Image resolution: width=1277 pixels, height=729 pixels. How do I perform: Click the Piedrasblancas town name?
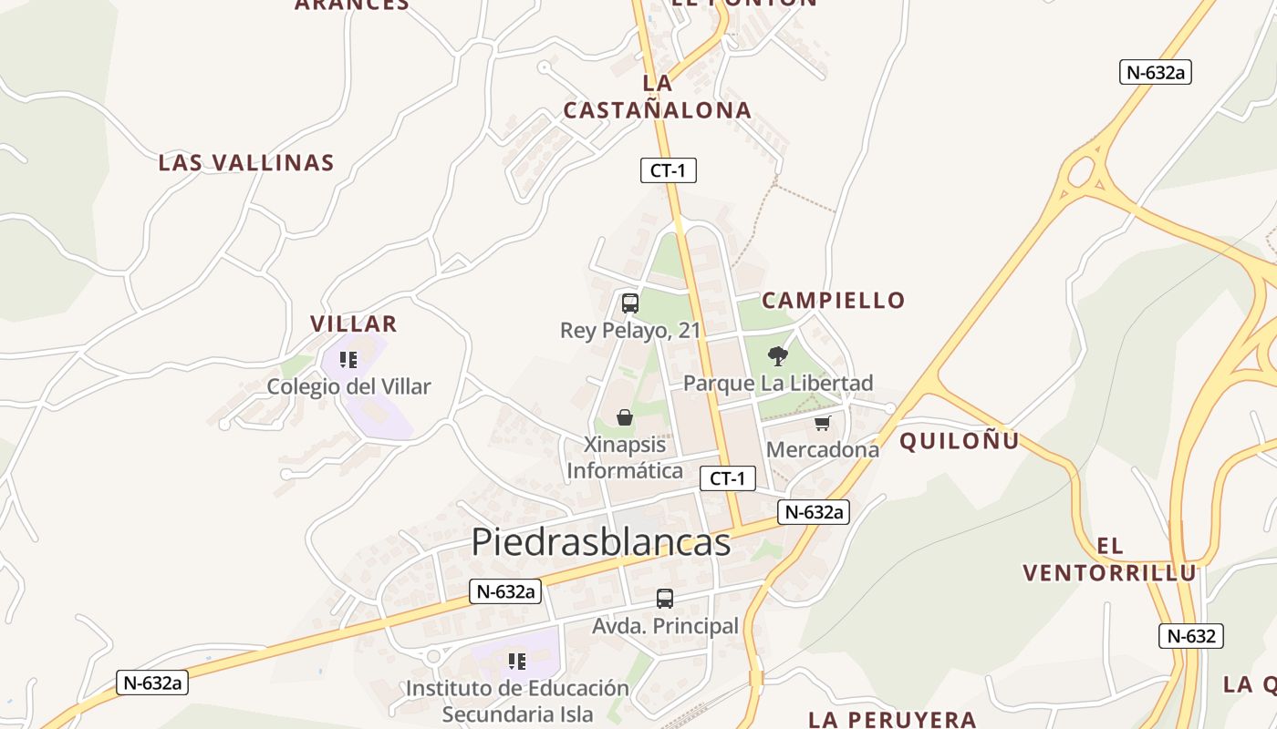coord(601,542)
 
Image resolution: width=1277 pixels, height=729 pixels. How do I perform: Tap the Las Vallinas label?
coord(246,163)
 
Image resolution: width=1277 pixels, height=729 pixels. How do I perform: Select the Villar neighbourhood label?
coord(353,323)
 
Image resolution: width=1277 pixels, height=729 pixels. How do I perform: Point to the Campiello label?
coord(833,300)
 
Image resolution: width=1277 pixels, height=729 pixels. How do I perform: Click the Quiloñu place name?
coord(959,441)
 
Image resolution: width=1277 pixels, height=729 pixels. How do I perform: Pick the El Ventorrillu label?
coord(1109,560)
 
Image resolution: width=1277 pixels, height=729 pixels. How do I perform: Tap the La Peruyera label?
coord(892,719)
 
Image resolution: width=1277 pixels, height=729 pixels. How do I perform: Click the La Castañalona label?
coord(657,97)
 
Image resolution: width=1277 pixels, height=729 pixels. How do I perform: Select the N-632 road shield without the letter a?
coord(1190,636)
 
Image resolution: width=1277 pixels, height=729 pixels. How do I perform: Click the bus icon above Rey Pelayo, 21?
coord(629,303)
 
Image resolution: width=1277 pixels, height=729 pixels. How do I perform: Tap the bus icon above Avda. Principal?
coord(665,599)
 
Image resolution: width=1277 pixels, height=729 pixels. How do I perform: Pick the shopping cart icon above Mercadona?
coord(823,423)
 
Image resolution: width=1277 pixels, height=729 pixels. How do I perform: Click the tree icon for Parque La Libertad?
coord(778,356)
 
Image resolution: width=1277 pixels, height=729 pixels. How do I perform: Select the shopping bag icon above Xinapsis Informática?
coord(625,417)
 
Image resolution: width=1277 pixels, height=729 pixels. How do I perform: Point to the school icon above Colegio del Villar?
coord(348,360)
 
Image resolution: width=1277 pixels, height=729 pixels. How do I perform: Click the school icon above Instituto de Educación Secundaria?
coord(517,661)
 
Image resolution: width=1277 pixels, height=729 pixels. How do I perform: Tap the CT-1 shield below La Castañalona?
coord(668,169)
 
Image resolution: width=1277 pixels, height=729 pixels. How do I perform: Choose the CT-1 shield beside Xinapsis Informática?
coord(728,478)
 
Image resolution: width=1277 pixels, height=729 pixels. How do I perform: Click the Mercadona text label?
coord(823,449)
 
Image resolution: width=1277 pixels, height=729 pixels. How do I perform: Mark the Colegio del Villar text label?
coord(348,386)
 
